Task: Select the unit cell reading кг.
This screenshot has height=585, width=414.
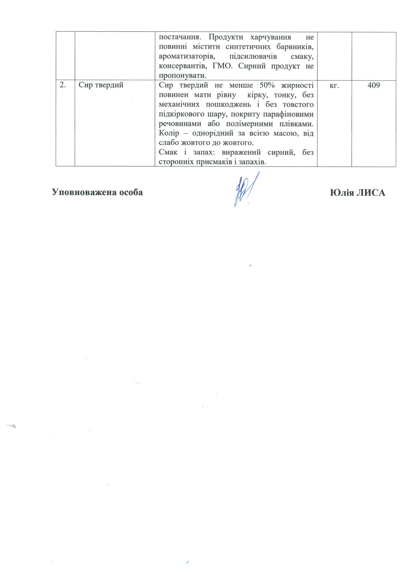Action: (x=334, y=85)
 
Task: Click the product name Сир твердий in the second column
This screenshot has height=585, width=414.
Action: (x=101, y=85)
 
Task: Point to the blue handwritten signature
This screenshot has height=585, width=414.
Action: (x=245, y=189)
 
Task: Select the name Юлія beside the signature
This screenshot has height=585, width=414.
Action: (x=342, y=193)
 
